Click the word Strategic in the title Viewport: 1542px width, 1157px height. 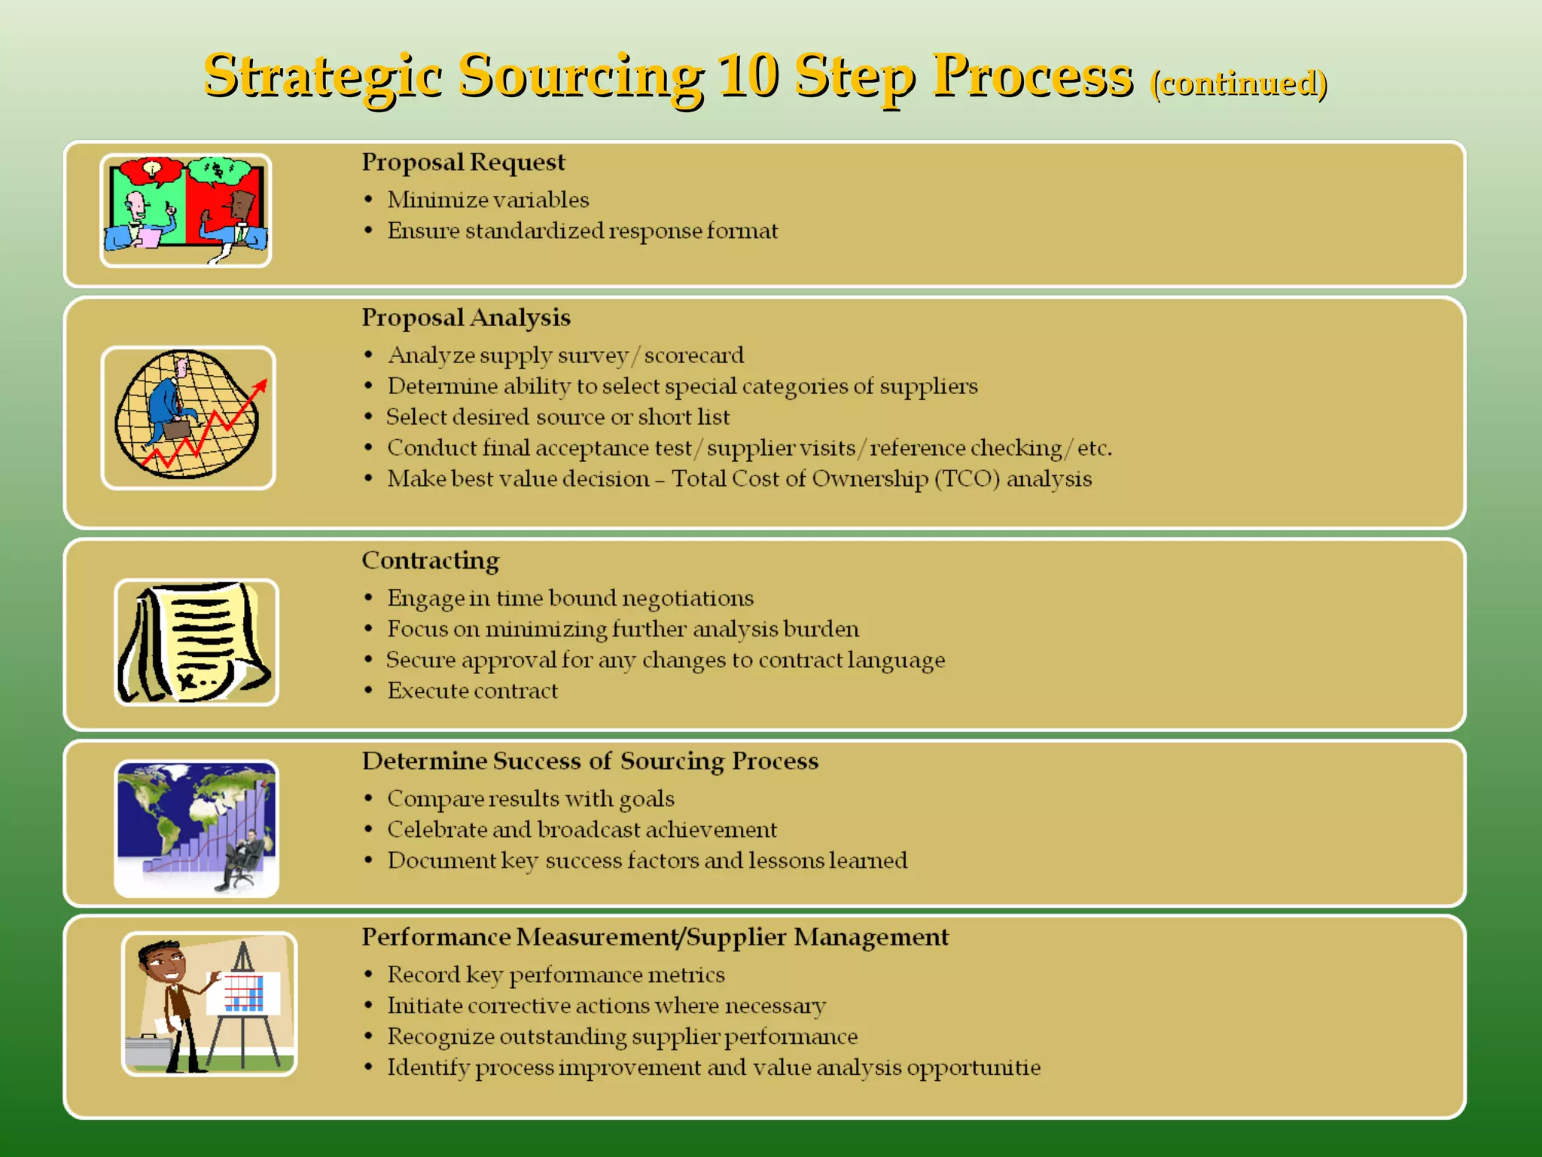322,77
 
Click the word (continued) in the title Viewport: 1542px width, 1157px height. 1239,83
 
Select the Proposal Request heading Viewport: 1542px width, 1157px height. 462,162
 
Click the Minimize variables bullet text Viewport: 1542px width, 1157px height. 488,200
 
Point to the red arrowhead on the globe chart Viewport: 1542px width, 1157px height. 261,386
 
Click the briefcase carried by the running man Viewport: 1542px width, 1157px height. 178,429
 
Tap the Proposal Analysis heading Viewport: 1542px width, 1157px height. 465,317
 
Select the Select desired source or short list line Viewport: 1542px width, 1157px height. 558,417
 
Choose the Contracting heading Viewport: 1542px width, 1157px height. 430,560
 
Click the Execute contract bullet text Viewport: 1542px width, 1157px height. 472,691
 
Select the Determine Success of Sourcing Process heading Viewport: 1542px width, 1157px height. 590,761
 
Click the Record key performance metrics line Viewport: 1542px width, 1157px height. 556,975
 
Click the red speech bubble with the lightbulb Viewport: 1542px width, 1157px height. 152,171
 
